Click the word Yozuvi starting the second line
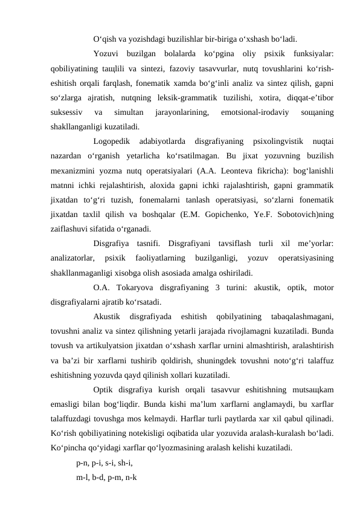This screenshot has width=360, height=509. tap(107, 53)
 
